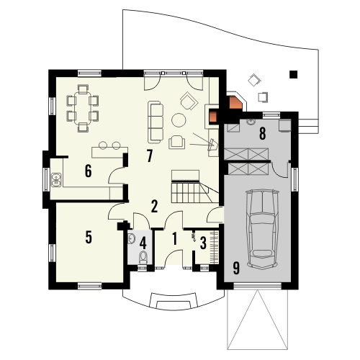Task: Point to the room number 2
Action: [154, 206]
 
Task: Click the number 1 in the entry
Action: [175, 238]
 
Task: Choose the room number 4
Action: [143, 243]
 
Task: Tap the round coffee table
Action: [178, 120]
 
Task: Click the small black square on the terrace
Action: [292, 73]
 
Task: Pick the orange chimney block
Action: [234, 102]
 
